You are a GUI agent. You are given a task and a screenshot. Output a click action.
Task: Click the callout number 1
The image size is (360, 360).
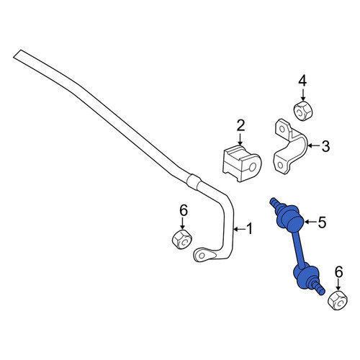pyautogui.click(x=250, y=228)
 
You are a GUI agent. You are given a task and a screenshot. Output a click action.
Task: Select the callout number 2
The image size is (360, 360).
pyautogui.click(x=240, y=125)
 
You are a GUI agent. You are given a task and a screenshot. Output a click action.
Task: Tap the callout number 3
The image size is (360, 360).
pyautogui.click(x=325, y=145)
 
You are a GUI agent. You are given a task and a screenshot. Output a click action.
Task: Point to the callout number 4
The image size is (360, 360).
pyautogui.click(x=302, y=81)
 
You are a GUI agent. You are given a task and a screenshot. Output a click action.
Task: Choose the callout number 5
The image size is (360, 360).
pyautogui.click(x=322, y=222)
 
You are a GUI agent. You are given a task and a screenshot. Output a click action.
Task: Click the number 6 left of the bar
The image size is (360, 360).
pyautogui.click(x=183, y=211)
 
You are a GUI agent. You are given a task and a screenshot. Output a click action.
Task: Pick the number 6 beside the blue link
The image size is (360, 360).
pyautogui.click(x=338, y=272)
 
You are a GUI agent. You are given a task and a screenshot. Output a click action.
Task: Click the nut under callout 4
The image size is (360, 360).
pyautogui.click(x=303, y=111)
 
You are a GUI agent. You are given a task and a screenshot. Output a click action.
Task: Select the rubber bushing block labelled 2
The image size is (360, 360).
pyautogui.click(x=242, y=163)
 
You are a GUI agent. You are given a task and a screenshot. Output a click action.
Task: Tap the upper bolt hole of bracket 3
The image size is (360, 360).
pyautogui.click(x=282, y=130)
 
